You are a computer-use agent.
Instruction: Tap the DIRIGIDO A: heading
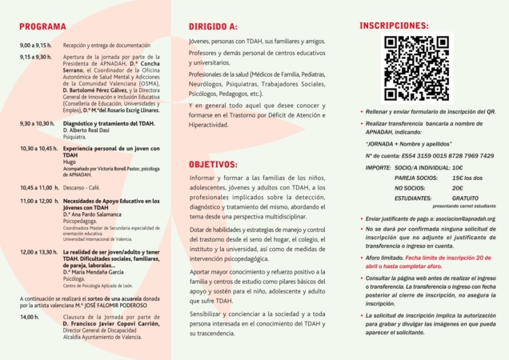click(x=212, y=26)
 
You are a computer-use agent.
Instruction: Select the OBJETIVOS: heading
click(x=214, y=163)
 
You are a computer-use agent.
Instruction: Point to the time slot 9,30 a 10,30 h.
click(x=37, y=124)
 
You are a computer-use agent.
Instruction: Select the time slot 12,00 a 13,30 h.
click(x=38, y=252)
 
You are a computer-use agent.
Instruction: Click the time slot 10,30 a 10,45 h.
click(x=38, y=149)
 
